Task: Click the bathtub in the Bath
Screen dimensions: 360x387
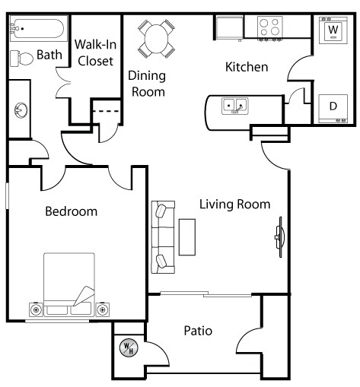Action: click(x=39, y=28)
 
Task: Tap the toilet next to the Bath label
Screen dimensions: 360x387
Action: click(x=21, y=59)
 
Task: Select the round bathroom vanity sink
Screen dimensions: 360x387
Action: click(x=21, y=110)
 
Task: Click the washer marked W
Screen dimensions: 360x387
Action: click(x=333, y=30)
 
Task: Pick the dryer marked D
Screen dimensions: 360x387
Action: click(x=333, y=109)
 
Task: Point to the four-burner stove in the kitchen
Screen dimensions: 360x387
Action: click(x=270, y=27)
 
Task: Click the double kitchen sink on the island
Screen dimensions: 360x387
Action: click(x=235, y=106)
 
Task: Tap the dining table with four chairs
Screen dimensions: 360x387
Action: click(x=156, y=39)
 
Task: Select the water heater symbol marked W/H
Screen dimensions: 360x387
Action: click(x=129, y=347)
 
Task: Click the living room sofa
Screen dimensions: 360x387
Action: click(x=163, y=237)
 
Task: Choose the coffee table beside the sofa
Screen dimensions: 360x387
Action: click(x=187, y=237)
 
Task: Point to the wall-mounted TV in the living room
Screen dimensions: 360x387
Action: click(x=279, y=237)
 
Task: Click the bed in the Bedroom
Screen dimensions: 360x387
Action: click(x=69, y=284)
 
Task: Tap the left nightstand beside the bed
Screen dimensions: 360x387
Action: click(x=37, y=309)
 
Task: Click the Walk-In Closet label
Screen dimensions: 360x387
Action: click(x=95, y=52)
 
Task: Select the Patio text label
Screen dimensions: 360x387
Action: click(x=198, y=331)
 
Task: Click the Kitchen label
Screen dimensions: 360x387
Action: click(x=247, y=67)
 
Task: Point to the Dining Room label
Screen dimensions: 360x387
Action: click(x=147, y=84)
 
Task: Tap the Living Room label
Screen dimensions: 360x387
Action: click(x=234, y=205)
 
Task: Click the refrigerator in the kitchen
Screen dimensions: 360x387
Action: click(x=230, y=28)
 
